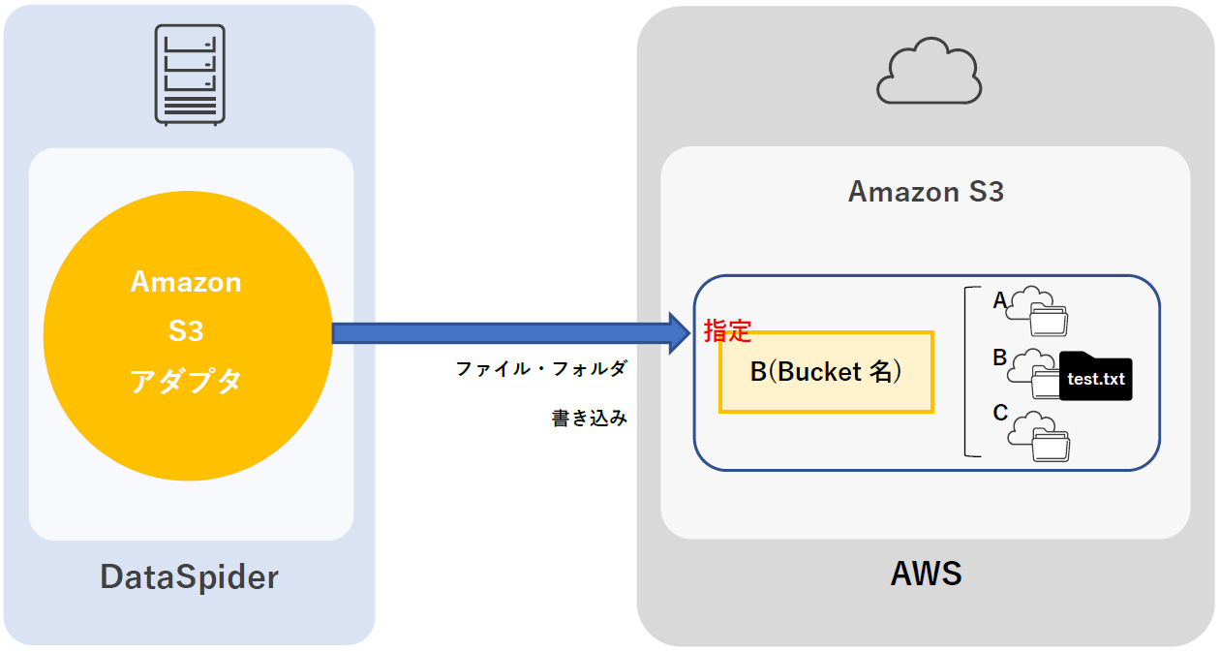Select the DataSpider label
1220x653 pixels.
click(x=189, y=577)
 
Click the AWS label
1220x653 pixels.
click(x=926, y=574)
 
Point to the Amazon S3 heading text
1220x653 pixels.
click(x=926, y=192)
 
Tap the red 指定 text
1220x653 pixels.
click(x=727, y=331)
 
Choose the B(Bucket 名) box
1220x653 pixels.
click(x=826, y=372)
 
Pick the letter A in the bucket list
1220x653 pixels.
click(x=1000, y=301)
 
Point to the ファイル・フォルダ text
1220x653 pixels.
click(x=541, y=369)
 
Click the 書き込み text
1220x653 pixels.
click(x=589, y=419)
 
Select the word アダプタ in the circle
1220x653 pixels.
click(x=186, y=382)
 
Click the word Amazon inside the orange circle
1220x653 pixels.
click(x=186, y=282)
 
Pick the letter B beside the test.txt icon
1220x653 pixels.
click(x=1000, y=358)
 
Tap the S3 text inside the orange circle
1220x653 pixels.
click(x=186, y=331)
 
